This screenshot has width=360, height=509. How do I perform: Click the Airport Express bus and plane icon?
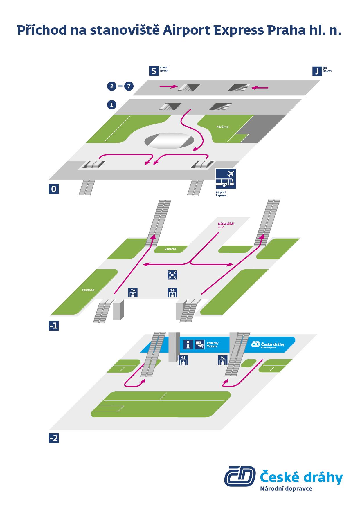pos(226,179)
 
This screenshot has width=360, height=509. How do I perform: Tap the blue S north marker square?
pos(154,71)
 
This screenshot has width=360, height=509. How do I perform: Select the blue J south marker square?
pos(317,71)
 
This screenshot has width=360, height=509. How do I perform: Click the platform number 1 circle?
pos(112,104)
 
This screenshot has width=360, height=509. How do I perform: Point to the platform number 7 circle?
pos(129,86)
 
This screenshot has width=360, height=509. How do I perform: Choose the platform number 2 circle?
pos(112,86)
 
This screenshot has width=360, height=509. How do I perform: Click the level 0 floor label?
pos(54,189)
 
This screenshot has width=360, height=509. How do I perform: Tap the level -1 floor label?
pos(54,326)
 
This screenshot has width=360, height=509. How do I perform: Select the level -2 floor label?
pos(54,438)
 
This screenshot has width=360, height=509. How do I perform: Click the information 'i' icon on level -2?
pos(188,344)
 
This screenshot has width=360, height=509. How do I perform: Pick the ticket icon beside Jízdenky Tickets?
pos(200,344)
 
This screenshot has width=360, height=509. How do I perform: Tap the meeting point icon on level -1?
pos(172,275)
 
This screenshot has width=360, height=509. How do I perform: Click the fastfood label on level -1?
pos(88,290)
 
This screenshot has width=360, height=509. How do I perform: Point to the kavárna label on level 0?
pos(222,127)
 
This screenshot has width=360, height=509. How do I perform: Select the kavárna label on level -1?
pos(170,249)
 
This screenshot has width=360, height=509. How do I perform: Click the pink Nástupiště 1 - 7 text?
pos(226,225)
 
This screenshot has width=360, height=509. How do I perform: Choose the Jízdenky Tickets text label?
pos(213,344)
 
